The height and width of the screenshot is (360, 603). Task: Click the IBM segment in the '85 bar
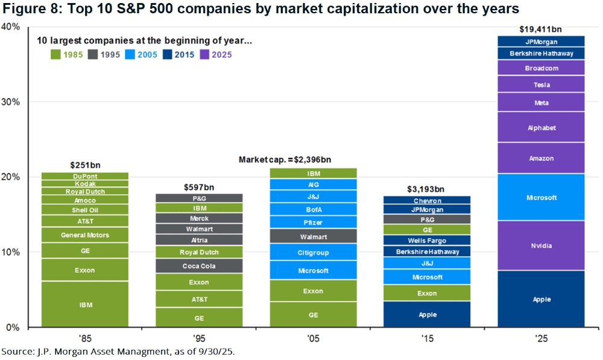point(85,305)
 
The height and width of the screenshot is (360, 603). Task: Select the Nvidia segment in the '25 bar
point(541,245)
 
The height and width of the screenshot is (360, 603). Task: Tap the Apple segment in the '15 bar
point(427,314)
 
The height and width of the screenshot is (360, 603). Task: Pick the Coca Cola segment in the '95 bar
point(199,266)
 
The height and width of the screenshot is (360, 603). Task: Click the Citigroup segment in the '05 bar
point(313,252)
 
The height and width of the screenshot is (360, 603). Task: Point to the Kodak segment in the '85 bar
point(85,183)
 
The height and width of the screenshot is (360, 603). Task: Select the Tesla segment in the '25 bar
point(541,84)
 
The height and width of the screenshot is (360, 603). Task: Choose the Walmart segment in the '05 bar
point(313,236)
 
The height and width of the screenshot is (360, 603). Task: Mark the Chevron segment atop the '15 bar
point(427,200)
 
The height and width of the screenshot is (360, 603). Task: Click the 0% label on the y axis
point(14,327)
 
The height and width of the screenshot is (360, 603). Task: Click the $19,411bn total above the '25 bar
point(541,29)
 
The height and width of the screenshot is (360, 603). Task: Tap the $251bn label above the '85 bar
point(85,165)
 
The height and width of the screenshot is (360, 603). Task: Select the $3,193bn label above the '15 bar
point(427,189)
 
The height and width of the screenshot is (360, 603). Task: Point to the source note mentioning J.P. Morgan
point(117,351)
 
